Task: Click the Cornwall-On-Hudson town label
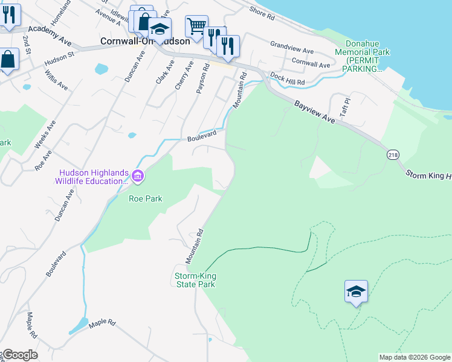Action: [x=145, y=42]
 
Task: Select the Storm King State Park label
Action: [x=195, y=280]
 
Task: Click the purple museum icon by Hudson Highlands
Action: [x=138, y=177]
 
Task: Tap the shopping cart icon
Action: [x=196, y=27]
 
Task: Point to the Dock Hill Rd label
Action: [x=288, y=78]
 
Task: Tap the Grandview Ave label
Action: [x=292, y=46]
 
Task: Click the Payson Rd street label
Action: [x=202, y=79]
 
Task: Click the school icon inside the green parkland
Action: [x=357, y=293]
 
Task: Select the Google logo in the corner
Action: [x=19, y=355]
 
